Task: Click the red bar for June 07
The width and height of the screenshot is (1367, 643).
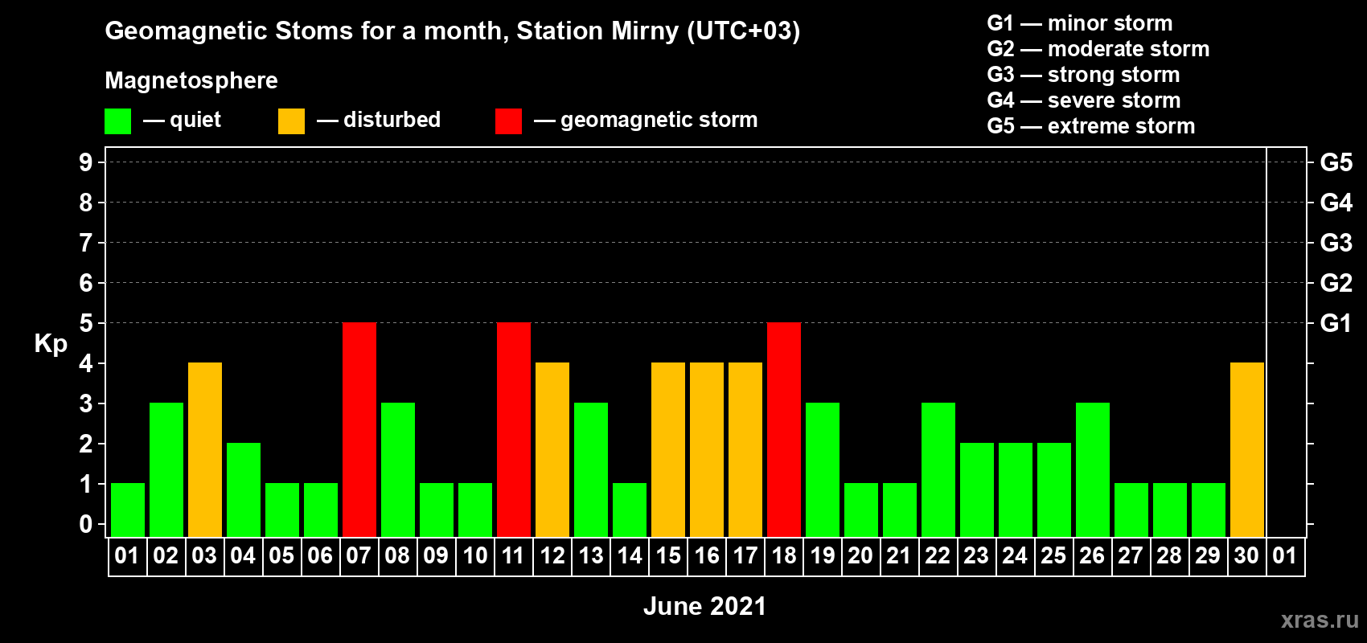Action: point(359,429)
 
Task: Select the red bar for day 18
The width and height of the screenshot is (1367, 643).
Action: point(784,429)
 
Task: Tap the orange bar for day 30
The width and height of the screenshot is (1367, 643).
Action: point(1247,449)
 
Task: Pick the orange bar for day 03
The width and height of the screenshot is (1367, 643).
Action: point(205,449)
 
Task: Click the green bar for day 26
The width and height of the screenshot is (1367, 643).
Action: point(1093,469)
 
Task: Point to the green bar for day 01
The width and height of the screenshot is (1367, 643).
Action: point(128,510)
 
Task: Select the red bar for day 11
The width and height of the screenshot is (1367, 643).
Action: point(514,429)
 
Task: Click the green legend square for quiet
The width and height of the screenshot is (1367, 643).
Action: point(117,121)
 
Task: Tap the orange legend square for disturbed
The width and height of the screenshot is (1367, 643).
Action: point(292,121)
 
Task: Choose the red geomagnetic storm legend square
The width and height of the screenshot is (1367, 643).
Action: point(509,121)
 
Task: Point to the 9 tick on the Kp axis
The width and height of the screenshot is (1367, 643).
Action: point(86,162)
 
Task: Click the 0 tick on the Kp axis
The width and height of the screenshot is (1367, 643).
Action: point(86,524)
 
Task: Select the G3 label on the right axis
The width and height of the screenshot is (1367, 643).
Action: point(1336,243)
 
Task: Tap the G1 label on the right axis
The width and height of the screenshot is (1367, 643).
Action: point(1336,323)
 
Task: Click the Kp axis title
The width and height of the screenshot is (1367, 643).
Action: point(51,344)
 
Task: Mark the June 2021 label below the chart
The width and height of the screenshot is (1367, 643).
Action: point(705,606)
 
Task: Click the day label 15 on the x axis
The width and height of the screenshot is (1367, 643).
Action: point(668,555)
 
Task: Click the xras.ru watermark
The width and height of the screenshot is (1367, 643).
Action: point(1320,620)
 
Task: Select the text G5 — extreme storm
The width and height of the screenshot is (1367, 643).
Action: point(1091,126)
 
